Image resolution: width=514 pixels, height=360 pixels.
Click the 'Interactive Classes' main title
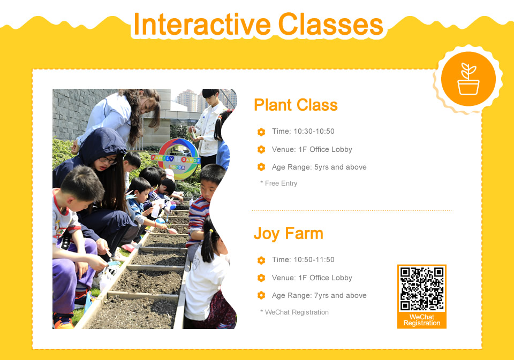pos(258,24)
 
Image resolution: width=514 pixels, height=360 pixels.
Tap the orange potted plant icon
pos(468,79)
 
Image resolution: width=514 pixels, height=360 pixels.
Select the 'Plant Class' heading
pos(296,105)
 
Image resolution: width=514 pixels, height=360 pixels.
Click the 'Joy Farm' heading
pos(289,233)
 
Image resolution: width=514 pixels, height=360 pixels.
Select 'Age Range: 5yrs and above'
pos(319,167)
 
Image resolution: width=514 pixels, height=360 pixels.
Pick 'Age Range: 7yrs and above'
pos(319,295)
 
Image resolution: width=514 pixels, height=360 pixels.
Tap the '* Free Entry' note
pos(279,183)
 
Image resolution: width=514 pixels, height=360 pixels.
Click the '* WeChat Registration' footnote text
pos(294,312)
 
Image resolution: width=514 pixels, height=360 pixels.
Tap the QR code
pos(422,289)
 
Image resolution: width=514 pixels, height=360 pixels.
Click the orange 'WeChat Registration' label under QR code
pos(422,320)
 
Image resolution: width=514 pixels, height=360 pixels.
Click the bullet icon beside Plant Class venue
pos(261,149)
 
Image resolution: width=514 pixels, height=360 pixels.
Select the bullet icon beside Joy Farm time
pos(261,260)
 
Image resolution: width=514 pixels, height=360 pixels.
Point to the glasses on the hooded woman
pos(108,160)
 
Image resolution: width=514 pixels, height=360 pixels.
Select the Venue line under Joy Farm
pos(312,278)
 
